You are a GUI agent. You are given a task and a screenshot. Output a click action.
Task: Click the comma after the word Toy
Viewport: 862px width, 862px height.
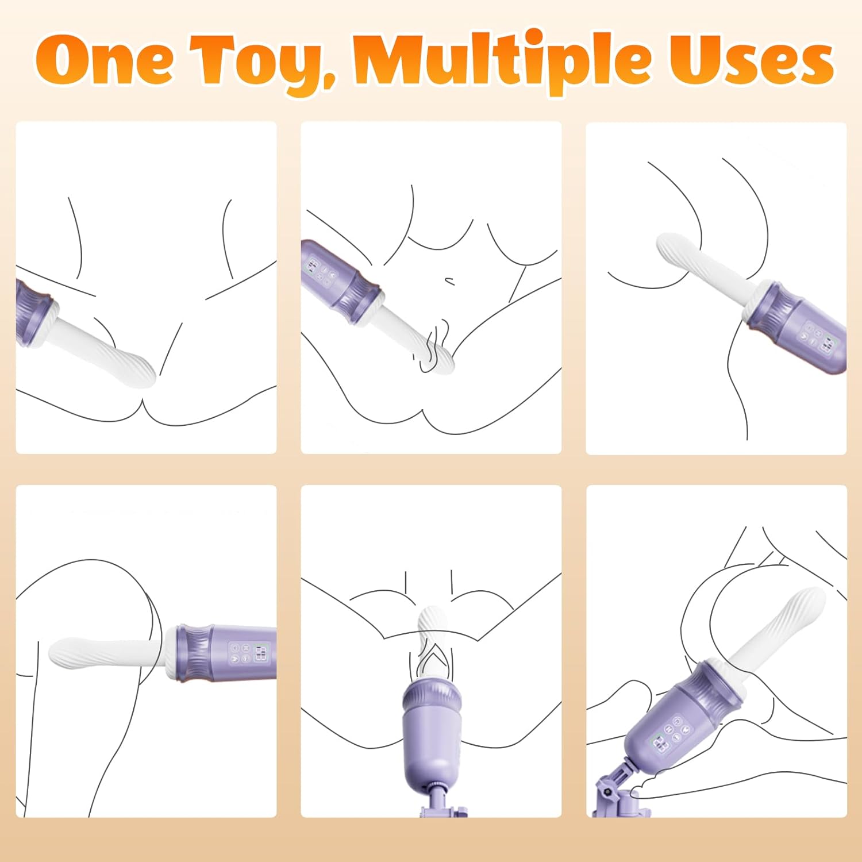point(330,80)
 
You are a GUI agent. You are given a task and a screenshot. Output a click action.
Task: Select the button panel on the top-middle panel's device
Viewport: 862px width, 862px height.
point(320,270)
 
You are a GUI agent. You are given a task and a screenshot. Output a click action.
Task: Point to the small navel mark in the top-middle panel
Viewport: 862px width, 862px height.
point(450,281)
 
